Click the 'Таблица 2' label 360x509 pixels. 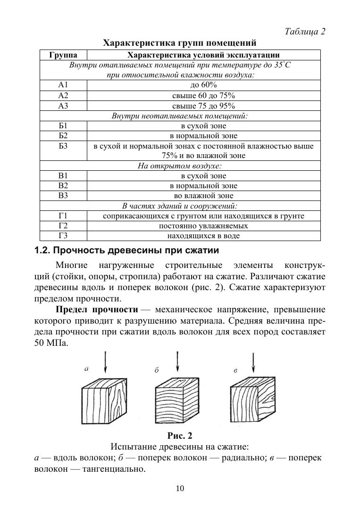pos(305,32)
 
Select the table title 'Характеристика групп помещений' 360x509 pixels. pos(180,43)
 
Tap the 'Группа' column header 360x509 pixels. pos(63,55)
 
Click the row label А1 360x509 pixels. pos(63,85)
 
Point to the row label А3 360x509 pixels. pos(63,106)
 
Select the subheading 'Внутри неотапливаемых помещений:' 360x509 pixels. pos(180,116)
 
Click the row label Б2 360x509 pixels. pos(63,136)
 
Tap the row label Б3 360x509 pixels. pos(63,146)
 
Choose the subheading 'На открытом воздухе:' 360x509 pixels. pos(180,166)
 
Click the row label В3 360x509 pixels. pos(63,196)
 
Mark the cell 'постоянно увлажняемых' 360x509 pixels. pos(203,226)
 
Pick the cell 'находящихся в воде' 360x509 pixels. pos(203,236)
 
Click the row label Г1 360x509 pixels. pos(63,216)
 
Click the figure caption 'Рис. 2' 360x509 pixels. pos(180,435)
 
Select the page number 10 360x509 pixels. pos(180,489)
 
